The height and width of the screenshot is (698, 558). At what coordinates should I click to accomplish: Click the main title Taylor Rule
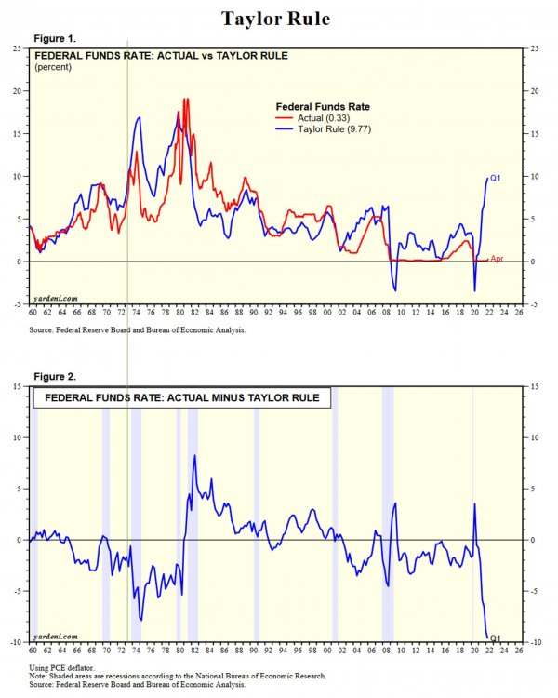(278, 19)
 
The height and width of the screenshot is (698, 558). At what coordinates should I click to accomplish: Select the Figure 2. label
(55, 377)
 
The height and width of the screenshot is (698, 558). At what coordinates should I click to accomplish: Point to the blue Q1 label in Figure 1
(496, 178)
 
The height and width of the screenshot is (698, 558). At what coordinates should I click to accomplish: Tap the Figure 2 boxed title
(177, 398)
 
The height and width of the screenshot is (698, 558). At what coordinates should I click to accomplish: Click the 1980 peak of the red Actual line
(185, 99)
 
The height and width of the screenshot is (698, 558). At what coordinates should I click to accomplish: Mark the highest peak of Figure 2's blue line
(194, 455)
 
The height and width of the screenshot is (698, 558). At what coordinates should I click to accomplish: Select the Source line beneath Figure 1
(139, 330)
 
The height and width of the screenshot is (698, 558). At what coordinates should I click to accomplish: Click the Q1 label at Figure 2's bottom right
(496, 638)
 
